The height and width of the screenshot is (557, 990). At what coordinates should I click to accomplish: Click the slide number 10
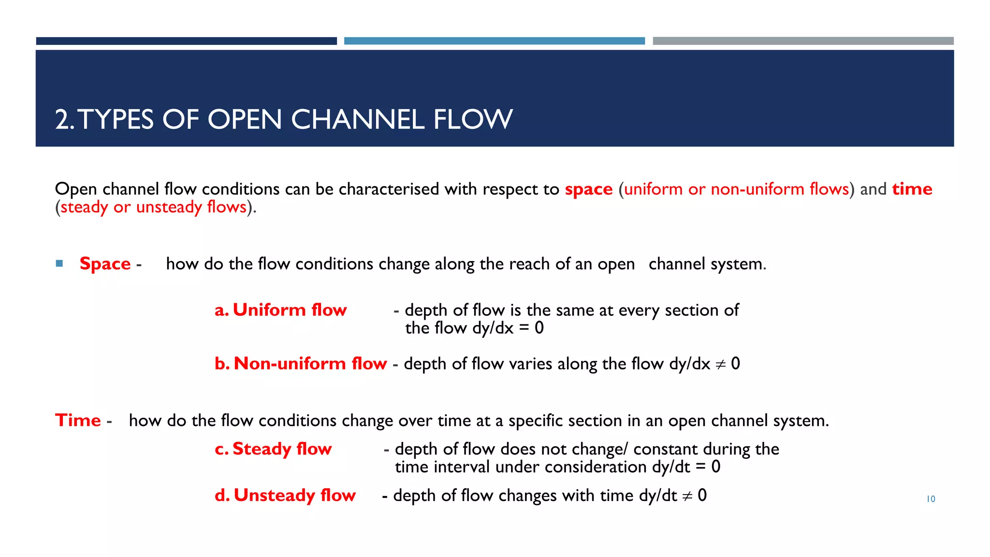(931, 499)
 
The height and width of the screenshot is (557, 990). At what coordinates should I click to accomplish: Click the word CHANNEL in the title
(358, 119)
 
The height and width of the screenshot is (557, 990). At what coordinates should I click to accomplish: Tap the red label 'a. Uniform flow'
(280, 310)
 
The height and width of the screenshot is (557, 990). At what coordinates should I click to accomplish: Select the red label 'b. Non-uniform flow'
(300, 364)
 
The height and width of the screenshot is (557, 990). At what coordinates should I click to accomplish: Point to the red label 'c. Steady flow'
(273, 449)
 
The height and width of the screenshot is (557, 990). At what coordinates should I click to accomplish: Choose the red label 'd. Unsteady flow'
(285, 496)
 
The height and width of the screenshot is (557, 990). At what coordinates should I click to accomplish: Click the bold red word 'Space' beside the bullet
(105, 264)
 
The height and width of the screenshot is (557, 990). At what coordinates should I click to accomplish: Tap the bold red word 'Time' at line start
(78, 421)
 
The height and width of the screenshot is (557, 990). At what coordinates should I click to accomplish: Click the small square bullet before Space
(59, 264)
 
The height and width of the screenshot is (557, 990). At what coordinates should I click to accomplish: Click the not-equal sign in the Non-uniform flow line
(720, 365)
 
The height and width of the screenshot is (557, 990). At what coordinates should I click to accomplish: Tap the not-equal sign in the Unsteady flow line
(687, 497)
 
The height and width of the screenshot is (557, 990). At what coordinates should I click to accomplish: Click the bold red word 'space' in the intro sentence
(588, 189)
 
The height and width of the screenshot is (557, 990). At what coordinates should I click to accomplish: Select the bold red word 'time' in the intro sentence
(912, 189)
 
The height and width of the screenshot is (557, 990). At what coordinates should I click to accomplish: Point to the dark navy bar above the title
(186, 41)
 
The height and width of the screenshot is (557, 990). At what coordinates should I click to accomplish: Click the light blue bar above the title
(494, 41)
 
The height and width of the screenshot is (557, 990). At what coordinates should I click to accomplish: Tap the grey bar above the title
(803, 41)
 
